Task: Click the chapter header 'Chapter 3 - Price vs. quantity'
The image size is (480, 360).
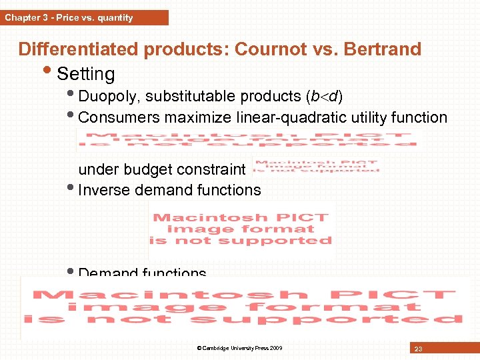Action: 69,18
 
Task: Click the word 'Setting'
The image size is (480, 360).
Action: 86,73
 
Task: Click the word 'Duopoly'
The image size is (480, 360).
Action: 107,97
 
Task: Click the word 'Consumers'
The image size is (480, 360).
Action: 117,118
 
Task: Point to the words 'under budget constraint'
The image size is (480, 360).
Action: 163,169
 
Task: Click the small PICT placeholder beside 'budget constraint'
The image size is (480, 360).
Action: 316,167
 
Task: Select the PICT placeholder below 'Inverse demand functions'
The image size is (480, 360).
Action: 241,229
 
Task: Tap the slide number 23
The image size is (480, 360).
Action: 417,348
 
